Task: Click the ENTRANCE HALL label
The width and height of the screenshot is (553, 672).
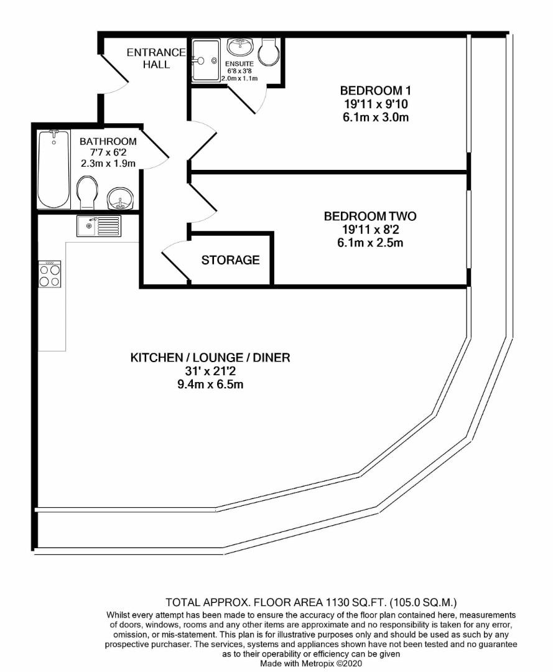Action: [156, 58]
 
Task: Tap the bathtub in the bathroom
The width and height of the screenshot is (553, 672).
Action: [54, 168]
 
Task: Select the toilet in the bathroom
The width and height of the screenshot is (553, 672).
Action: [88, 192]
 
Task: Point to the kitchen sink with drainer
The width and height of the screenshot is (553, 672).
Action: [98, 226]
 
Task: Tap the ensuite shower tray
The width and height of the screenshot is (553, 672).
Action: [205, 60]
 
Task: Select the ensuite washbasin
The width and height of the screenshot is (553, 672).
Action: [239, 46]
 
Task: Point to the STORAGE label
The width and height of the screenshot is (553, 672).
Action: [230, 260]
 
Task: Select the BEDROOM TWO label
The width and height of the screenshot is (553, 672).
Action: [370, 217]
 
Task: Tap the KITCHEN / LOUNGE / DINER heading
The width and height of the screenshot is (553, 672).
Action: [210, 358]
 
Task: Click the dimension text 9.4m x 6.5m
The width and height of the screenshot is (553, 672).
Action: [210, 385]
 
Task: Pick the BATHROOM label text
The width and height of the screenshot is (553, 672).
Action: [108, 141]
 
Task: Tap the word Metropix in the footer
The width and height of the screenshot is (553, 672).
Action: [316, 663]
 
